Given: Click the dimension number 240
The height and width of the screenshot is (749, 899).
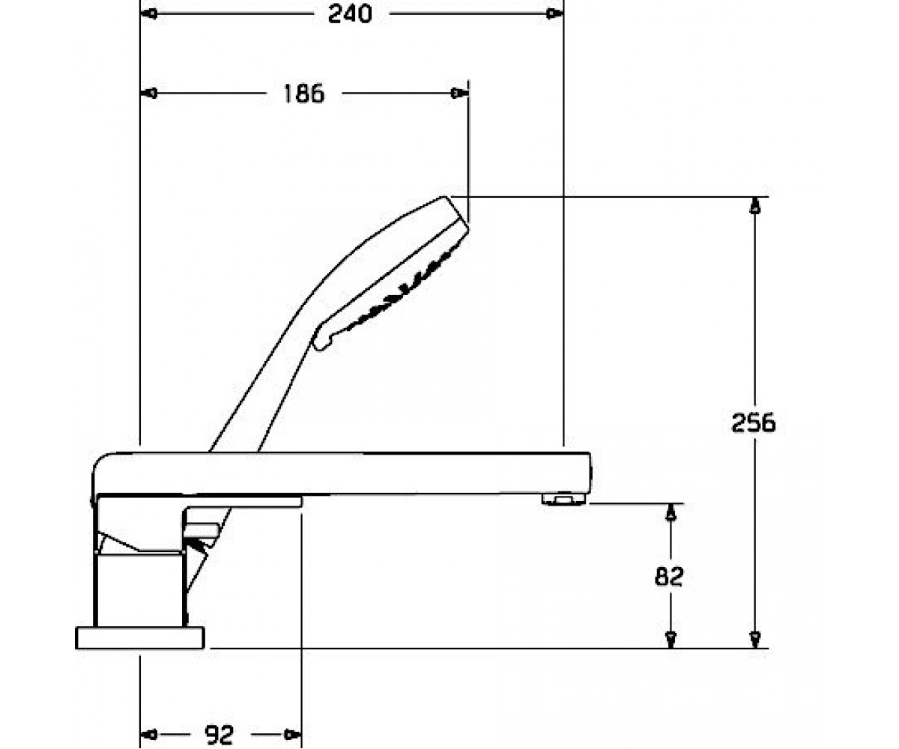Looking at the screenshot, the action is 350,14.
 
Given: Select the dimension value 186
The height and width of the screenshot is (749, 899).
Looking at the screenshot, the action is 304,94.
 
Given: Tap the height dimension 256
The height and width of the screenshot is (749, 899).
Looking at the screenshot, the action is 754,422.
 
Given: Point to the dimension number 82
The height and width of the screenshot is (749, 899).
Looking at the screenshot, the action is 669,577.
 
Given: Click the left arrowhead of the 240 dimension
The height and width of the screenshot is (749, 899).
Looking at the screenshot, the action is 149,13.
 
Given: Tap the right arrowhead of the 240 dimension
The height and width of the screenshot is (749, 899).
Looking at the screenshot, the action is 554,13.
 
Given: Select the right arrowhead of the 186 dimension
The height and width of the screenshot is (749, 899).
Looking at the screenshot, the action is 459,93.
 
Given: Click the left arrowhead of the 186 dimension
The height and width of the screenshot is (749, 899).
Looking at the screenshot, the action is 149,93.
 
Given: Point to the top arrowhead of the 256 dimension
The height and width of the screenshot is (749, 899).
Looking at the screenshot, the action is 754,206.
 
